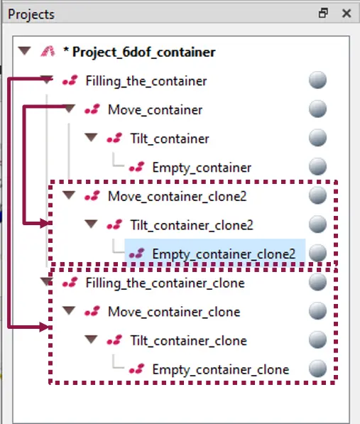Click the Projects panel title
(x=31, y=14)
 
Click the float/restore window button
(x=323, y=13)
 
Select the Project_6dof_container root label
(x=143, y=52)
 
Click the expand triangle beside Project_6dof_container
(x=25, y=51)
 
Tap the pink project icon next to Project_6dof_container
(x=48, y=51)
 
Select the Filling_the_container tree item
(x=146, y=81)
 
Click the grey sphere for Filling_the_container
(x=317, y=80)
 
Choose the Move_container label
(x=155, y=110)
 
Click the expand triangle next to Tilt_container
(x=91, y=137)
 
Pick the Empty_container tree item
(x=202, y=168)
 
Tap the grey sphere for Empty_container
(x=317, y=167)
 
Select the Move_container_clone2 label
(x=178, y=197)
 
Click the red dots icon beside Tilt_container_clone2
(x=114, y=224)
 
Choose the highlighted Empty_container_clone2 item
(x=224, y=254)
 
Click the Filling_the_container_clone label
(x=165, y=283)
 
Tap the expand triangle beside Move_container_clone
(x=69, y=310)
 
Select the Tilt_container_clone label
(x=189, y=341)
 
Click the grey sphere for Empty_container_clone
(x=317, y=369)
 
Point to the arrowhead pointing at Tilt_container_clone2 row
(x=45, y=223)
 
